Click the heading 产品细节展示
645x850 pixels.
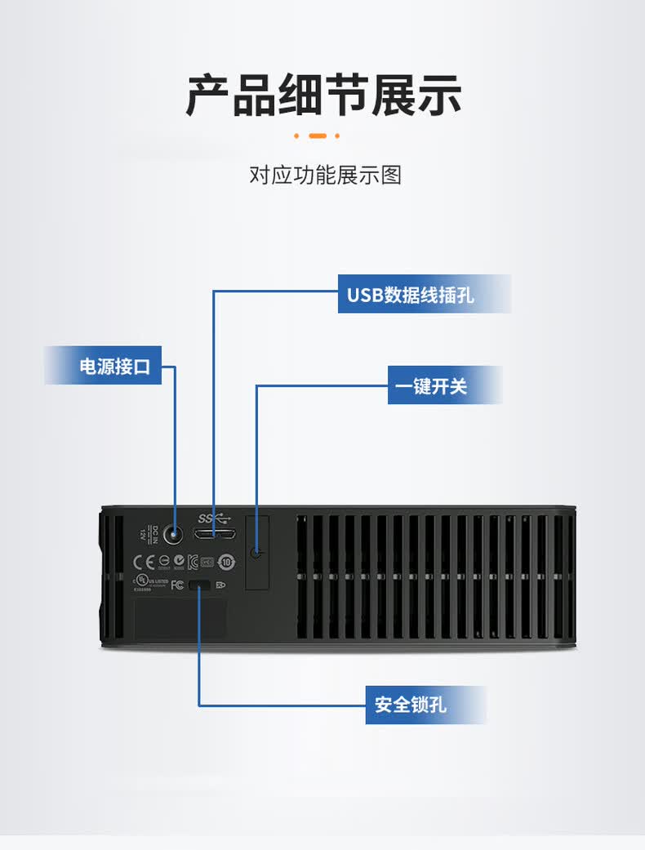[323, 96]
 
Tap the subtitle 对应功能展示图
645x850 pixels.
[325, 175]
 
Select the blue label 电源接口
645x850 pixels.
[114, 366]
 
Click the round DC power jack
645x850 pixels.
[174, 535]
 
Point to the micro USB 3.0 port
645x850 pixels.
[214, 534]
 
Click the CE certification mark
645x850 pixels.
[144, 562]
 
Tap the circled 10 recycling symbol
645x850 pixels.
[226, 562]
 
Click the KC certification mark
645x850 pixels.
[193, 562]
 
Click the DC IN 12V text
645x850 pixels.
[145, 535]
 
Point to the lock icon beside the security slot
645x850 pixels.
[220, 585]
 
